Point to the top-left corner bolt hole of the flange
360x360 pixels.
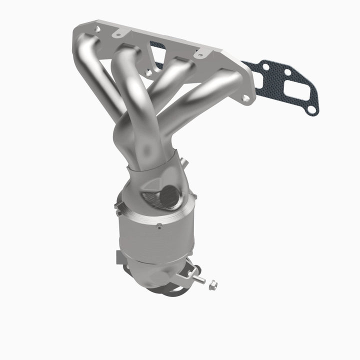tap(96, 29)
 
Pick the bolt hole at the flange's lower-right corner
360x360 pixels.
tap(245, 99)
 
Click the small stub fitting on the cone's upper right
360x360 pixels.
tap(183, 161)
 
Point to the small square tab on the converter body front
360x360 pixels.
tap(159, 225)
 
